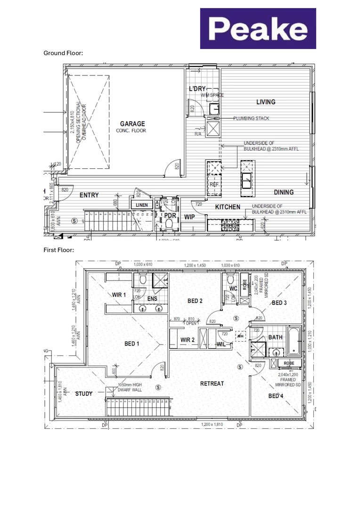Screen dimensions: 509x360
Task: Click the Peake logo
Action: tap(258, 29)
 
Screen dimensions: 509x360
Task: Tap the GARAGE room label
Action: tap(132, 124)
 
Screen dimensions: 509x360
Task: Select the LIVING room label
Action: tap(266, 102)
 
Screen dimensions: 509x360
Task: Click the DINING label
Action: tap(284, 192)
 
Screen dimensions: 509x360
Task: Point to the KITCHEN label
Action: tap(228, 207)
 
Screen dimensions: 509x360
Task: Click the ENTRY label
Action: tap(89, 195)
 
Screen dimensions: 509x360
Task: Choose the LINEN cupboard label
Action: tap(141, 205)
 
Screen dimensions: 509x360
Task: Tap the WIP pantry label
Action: tap(190, 217)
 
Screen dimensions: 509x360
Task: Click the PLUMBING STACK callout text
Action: tap(251, 118)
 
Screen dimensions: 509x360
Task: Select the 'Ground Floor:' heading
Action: tap(63, 53)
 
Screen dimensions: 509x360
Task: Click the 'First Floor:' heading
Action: tap(58, 250)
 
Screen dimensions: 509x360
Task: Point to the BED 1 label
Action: tap(131, 343)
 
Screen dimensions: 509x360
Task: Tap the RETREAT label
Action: tap(212, 384)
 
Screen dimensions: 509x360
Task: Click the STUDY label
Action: tap(84, 394)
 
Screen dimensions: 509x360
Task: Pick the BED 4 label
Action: tap(276, 396)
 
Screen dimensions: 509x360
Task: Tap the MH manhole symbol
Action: tap(240, 336)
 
